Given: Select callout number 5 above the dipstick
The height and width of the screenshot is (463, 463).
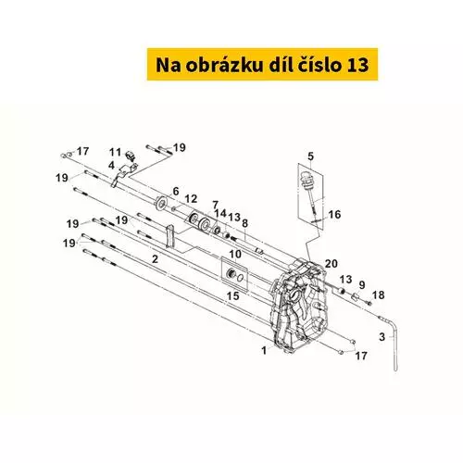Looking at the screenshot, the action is tap(310, 156).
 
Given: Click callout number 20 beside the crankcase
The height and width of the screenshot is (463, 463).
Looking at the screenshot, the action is tap(331, 264).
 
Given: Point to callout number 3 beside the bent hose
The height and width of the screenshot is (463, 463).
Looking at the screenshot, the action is tap(382, 336).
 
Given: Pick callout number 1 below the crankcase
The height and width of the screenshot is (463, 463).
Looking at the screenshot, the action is tap(264, 350).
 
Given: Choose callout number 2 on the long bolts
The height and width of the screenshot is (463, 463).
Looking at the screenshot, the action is tap(155, 258).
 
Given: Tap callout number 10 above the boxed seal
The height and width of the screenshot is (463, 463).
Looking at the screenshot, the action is tap(235, 255).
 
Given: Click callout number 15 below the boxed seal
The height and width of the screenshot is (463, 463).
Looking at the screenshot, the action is tap(233, 296).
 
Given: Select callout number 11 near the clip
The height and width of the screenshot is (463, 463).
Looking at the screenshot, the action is tap(116, 152).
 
